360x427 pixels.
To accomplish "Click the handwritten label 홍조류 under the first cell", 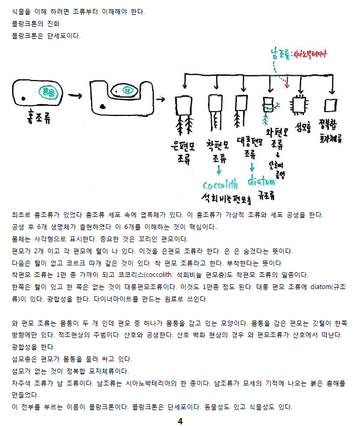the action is tap(38, 117).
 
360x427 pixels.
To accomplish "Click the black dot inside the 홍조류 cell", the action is tap(23, 98).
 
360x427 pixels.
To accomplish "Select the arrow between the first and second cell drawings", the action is tap(75, 96).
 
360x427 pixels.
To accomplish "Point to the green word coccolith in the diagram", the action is tap(221, 184).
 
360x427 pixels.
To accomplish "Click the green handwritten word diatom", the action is tap(261, 181).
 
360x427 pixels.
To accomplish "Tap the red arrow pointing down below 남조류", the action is tap(287, 82).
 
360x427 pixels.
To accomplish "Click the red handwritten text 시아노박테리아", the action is tap(309, 54).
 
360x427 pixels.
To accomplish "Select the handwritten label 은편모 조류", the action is tap(183, 153).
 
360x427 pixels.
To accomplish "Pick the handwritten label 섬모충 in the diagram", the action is tap(303, 127).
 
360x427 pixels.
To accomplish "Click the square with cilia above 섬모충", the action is tap(299, 105).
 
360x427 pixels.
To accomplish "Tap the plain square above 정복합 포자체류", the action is tap(331, 105).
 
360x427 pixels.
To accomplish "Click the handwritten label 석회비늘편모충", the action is tap(226, 198).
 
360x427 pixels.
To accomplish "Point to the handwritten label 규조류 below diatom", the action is tap(266, 195).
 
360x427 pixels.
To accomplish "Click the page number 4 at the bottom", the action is tap(180, 421).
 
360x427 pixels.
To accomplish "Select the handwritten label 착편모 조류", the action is tap(217, 152).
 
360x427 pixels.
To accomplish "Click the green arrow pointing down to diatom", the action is tap(252, 167).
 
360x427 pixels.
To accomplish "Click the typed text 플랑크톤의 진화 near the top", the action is tap(36, 24).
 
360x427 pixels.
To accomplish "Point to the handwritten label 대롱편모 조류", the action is tap(249, 147).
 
